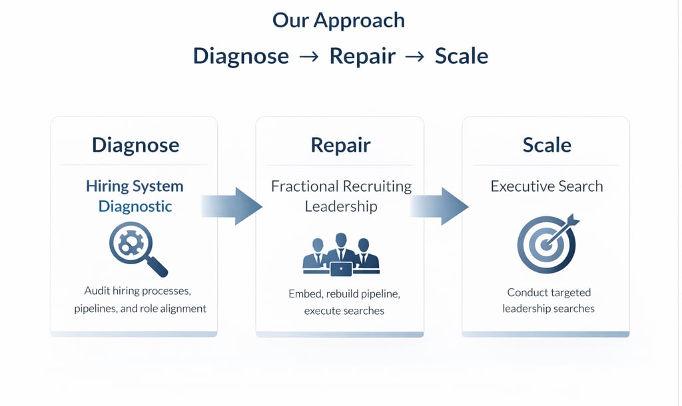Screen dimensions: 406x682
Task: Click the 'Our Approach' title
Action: point(338,20)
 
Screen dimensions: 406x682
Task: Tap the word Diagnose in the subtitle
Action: point(240,55)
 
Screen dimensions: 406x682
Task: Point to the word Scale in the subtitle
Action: point(461,55)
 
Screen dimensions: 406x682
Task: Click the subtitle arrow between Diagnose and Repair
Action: point(309,57)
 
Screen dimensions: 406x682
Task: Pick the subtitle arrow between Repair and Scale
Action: point(414,57)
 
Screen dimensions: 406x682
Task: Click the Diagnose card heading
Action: point(135,145)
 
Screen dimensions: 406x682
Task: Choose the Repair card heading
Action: point(340,145)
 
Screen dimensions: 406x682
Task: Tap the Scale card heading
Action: point(546,145)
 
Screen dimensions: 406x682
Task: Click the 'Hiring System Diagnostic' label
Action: point(135,196)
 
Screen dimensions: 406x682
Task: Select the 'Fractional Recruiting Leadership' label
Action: point(341,196)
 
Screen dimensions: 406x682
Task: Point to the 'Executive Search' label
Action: point(546,186)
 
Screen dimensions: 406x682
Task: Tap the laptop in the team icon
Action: point(341,269)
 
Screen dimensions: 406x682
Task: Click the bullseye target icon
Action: point(546,244)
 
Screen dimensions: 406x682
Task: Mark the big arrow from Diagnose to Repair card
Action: point(232,206)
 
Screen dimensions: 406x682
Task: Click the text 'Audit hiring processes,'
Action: point(138,291)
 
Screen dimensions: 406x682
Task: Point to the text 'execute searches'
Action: point(344,311)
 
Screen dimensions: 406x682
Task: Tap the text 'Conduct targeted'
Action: point(549,292)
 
